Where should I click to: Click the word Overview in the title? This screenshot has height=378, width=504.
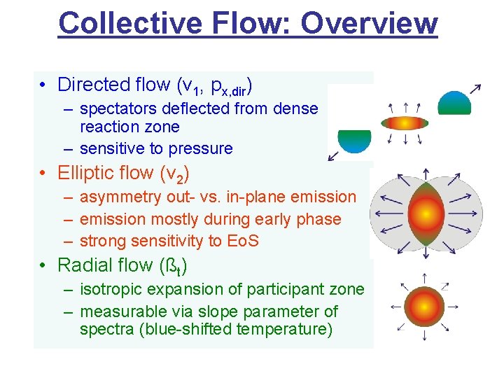click(370, 22)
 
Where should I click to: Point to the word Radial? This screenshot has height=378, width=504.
click(86, 265)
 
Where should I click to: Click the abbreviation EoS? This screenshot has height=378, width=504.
click(243, 241)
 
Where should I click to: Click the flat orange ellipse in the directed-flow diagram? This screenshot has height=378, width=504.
click(404, 123)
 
